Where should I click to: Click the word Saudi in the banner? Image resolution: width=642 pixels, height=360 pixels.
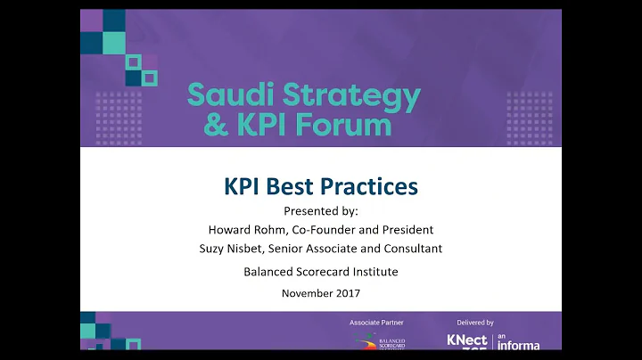[x=226, y=93]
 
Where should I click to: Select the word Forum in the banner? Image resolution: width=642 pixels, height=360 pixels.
[x=346, y=123]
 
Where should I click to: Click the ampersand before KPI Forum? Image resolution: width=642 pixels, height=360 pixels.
[x=215, y=124]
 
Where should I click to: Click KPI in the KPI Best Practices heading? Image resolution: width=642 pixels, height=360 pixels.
[x=242, y=188]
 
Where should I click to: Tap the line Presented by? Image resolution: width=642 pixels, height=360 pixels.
[x=320, y=211]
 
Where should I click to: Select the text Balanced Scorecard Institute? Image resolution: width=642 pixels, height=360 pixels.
[x=320, y=271]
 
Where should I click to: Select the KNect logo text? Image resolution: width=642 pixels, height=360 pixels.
[x=468, y=342]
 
